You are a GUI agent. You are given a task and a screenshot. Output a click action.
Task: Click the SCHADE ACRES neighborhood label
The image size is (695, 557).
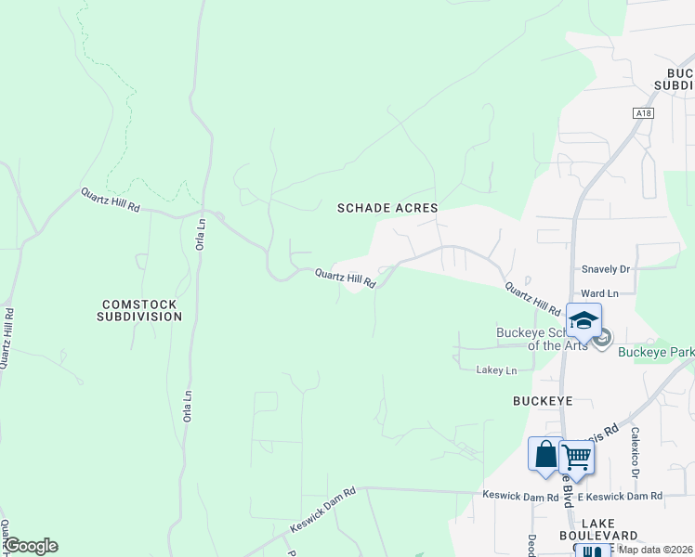tap(387, 209)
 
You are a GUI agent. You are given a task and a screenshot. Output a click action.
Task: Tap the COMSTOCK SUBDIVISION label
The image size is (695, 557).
tap(139, 310)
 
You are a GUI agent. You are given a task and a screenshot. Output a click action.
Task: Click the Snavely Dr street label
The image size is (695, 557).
tap(605, 269)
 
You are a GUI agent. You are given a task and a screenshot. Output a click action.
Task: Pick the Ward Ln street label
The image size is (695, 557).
tap(598, 293)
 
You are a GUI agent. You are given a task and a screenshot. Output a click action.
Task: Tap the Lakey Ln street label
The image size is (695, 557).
tap(496, 370)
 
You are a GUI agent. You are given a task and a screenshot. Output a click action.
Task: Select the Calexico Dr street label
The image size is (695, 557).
tap(636, 452)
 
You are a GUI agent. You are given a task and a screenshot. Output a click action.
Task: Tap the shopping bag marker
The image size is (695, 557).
tap(545, 455)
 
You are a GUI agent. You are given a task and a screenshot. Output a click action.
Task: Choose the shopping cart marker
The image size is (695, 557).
tap(576, 455)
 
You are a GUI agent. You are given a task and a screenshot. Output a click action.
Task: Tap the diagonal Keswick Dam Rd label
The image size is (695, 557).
tap(322, 511)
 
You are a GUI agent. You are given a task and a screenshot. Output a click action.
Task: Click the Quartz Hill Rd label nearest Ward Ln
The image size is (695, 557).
tap(532, 299)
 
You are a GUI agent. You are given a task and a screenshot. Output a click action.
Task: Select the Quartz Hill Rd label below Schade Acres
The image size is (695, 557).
tap(345, 278)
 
